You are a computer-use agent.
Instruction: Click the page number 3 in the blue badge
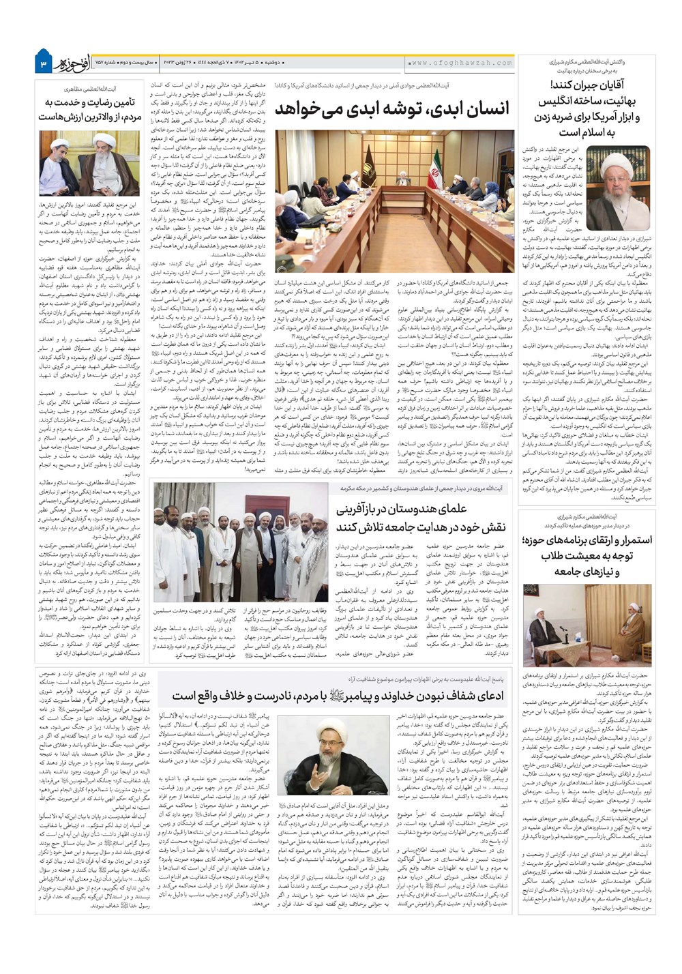click(43, 63)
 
